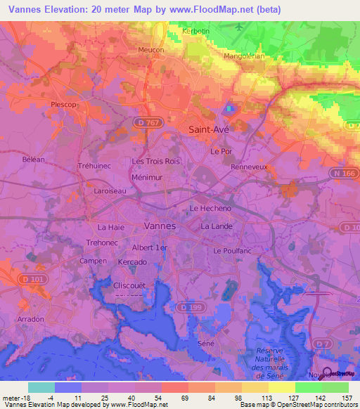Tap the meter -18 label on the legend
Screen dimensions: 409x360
(15, 398)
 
